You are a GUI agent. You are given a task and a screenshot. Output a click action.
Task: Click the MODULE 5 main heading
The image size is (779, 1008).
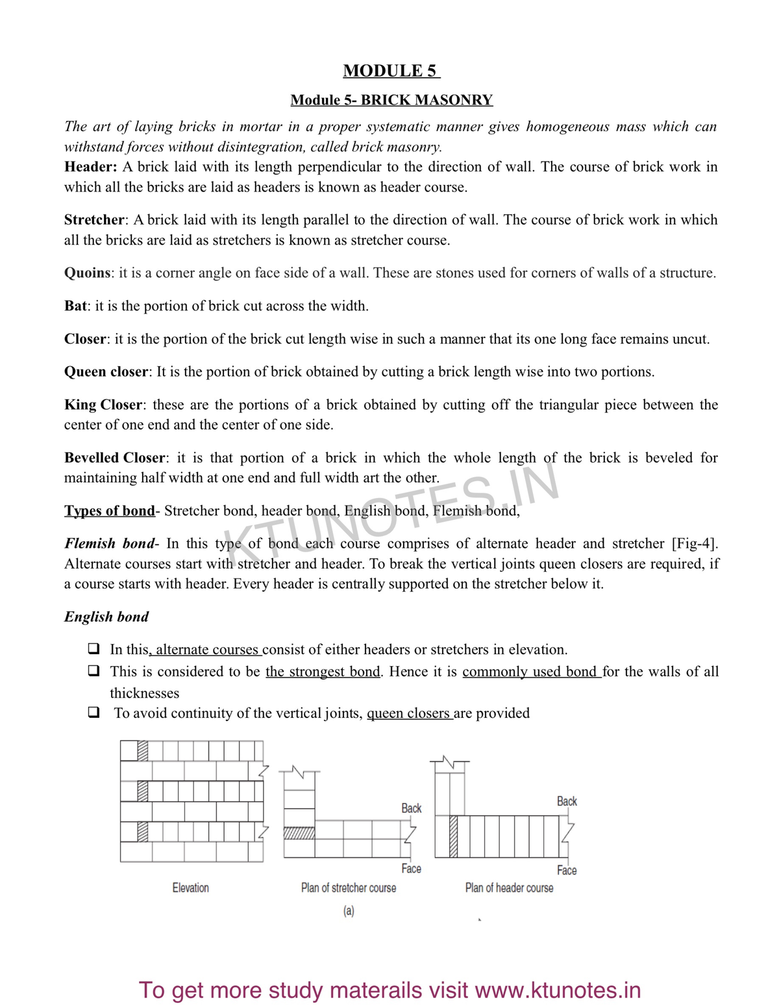(391, 71)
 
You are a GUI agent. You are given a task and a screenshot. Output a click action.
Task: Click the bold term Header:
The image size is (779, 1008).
(90, 167)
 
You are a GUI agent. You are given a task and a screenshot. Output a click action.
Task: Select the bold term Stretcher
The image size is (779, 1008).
(94, 219)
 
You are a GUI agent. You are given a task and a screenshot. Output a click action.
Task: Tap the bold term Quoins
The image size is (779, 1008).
(87, 273)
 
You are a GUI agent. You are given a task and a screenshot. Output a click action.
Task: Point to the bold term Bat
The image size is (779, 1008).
(75, 306)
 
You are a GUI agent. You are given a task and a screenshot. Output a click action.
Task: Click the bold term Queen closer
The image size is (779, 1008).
(106, 372)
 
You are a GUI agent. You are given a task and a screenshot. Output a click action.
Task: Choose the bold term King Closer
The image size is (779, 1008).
(103, 405)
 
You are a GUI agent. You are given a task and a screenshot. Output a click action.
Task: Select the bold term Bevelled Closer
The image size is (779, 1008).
(114, 458)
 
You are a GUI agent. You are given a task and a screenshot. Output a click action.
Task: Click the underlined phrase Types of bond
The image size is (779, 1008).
(110, 511)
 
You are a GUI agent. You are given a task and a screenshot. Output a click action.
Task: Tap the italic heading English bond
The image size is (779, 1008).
(106, 617)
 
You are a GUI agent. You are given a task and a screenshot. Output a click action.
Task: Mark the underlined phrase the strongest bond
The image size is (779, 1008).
(323, 671)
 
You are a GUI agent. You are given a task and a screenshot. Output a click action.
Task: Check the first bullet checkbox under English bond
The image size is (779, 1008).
(94, 649)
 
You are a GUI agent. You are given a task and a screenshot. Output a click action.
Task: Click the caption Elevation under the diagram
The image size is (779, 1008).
(190, 887)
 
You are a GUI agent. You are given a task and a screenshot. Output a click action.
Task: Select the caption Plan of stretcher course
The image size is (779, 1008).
(349, 887)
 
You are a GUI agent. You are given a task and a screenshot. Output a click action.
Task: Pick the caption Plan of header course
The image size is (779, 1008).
(509, 887)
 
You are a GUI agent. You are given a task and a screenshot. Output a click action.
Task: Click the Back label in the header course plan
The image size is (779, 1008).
(567, 802)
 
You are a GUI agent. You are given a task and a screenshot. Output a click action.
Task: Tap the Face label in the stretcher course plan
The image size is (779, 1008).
(411, 868)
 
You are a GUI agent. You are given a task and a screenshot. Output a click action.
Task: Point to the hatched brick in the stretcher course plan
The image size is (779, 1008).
(299, 833)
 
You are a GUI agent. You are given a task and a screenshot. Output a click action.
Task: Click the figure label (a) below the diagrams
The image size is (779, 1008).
(349, 911)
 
